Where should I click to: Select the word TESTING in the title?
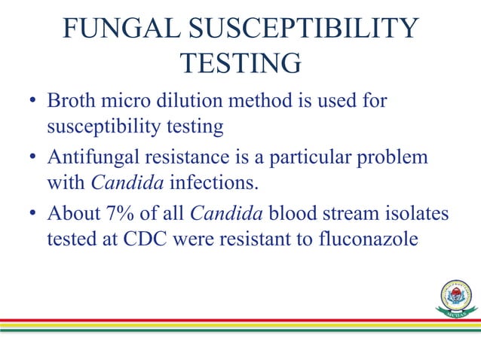point(241,65)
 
